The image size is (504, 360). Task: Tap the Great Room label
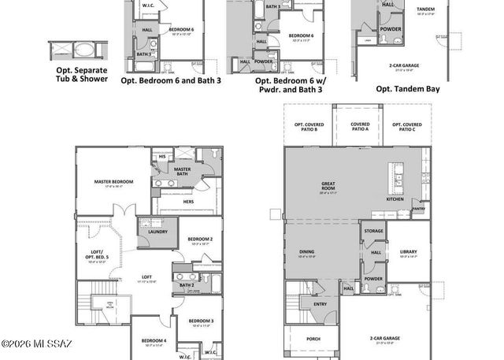[328, 186]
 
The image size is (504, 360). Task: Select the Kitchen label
[395, 199]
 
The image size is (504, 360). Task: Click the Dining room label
[306, 253]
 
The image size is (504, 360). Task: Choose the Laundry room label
[157, 232]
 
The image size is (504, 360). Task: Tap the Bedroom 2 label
[200, 239]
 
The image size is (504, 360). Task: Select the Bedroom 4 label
[154, 341]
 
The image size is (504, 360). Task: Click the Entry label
[320, 303]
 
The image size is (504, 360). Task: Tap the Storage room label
[373, 232]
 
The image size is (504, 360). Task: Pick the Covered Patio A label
[360, 126]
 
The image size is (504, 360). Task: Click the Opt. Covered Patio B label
[306, 126]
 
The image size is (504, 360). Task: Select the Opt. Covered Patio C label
[406, 126]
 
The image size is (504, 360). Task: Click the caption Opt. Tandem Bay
[407, 89]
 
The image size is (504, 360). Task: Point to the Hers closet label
[188, 202]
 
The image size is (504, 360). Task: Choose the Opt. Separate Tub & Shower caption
[82, 74]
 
